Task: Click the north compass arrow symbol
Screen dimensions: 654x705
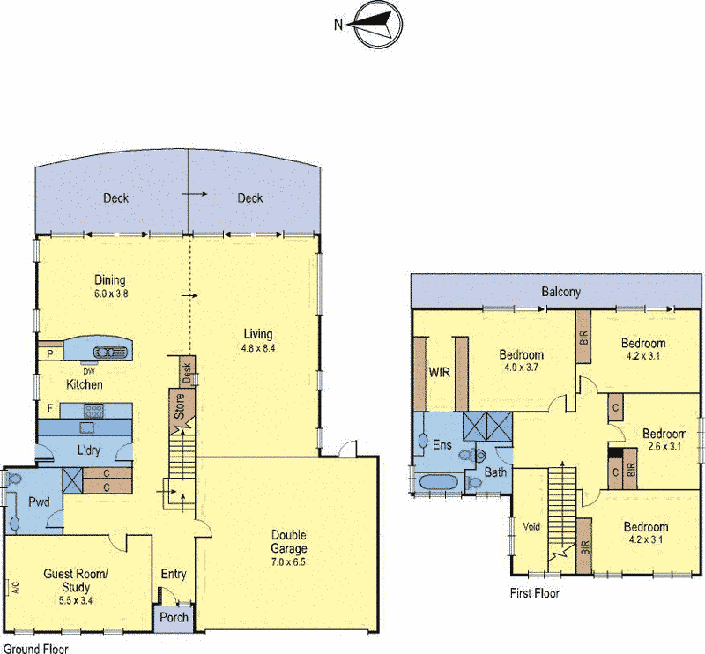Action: [x=374, y=24]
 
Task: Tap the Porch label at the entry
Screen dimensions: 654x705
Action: [x=174, y=617]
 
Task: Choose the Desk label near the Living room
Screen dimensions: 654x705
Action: [x=186, y=373]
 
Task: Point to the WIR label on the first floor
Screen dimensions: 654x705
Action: [x=439, y=372]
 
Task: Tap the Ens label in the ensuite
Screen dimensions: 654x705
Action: [x=442, y=445]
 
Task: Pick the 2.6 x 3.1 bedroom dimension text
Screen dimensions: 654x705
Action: [x=664, y=447]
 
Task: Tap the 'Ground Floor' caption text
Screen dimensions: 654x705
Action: [x=35, y=648]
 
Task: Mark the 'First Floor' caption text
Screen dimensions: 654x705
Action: [x=534, y=593]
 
